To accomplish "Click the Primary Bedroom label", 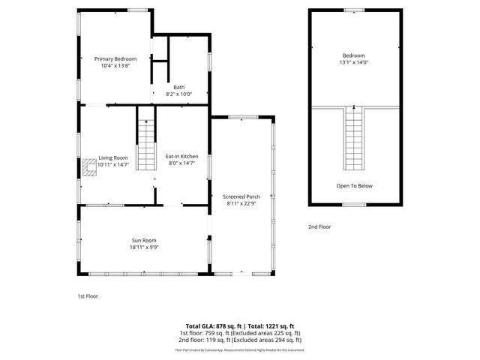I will pos(115,58).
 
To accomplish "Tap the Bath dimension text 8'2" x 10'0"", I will pos(178,94).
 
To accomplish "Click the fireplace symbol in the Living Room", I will pos(90,166).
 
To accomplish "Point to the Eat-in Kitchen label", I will pos(181,156).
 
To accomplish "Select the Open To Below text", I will pos(354,185).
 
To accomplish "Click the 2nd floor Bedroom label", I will pos(354,55).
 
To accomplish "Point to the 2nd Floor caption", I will pos(319,226).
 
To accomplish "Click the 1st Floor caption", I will pos(88,295).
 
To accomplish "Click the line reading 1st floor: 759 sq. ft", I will pos(239,332).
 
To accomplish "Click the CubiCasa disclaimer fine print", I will pos(239,349).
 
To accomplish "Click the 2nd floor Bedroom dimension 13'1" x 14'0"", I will pos(354,62).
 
